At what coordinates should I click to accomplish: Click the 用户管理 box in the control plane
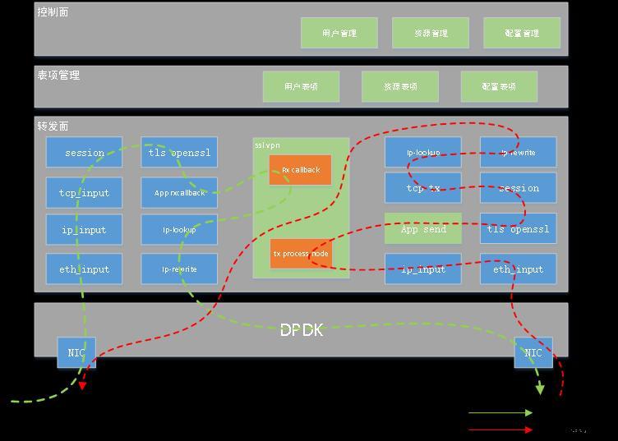click(x=339, y=33)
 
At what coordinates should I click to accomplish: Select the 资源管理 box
click(x=431, y=33)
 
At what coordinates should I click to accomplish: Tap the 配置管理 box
click(x=522, y=33)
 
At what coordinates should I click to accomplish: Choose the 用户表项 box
click(x=301, y=86)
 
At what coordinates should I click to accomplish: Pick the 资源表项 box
click(x=400, y=86)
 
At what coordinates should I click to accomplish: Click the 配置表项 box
click(x=499, y=86)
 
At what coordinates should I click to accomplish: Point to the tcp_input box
click(x=84, y=193)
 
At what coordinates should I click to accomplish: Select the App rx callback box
click(x=179, y=193)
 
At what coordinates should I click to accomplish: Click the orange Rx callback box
click(x=300, y=170)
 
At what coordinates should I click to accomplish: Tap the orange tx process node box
click(x=300, y=254)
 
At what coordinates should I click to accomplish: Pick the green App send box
click(x=423, y=229)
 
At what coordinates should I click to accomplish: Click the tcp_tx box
click(x=423, y=188)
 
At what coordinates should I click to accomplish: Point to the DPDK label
click(x=302, y=330)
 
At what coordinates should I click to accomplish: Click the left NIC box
click(x=76, y=352)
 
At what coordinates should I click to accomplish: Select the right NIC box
click(x=533, y=352)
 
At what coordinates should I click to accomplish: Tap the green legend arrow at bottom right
click(x=500, y=413)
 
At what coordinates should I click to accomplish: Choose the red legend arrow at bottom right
click(x=500, y=429)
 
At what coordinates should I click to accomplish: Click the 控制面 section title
click(x=53, y=12)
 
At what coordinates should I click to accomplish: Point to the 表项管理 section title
click(x=58, y=76)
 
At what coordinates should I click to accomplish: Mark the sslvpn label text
click(x=265, y=145)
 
